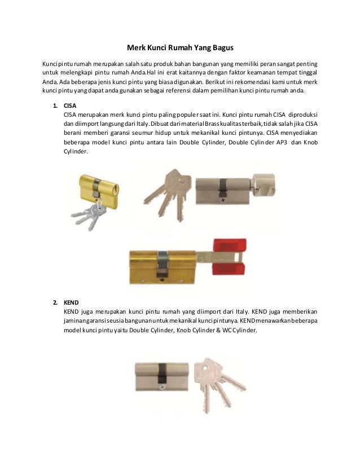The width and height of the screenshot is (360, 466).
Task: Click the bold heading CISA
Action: pyautogui.click(x=69, y=105)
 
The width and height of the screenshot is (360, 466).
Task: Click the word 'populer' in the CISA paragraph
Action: pyautogui.click(x=191, y=114)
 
